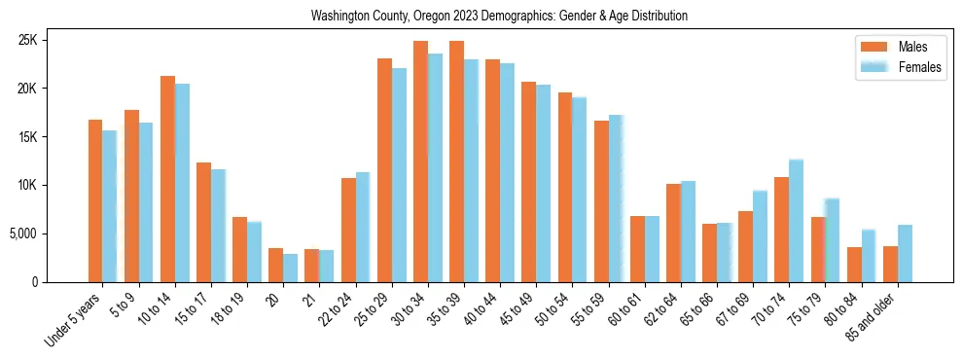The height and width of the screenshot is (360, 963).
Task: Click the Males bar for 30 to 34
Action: click(x=420, y=162)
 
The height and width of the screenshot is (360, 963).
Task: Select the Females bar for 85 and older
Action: click(x=906, y=254)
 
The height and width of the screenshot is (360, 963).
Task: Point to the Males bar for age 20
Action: click(x=275, y=266)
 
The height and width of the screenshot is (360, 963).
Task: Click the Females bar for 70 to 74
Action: click(x=797, y=221)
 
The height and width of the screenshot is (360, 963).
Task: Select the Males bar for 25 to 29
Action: click(x=384, y=170)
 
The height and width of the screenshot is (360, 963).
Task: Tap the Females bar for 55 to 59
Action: click(x=616, y=198)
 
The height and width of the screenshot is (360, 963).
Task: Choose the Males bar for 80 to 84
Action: click(x=854, y=265)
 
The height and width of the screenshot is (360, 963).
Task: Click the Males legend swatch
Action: click(x=873, y=47)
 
